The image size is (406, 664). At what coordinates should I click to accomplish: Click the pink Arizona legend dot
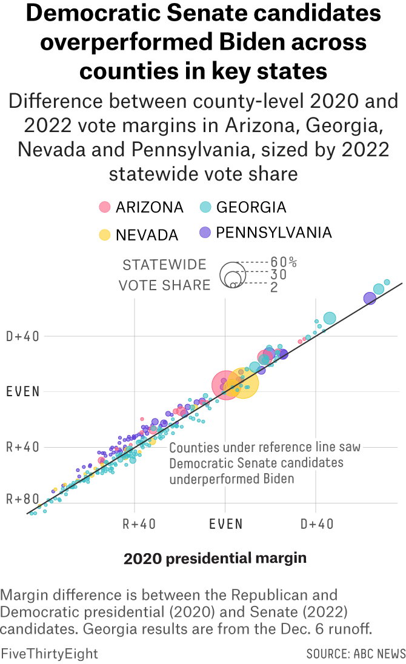coord(105,207)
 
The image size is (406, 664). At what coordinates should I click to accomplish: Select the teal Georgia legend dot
coord(205,207)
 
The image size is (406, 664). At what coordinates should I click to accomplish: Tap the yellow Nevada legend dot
coord(105,235)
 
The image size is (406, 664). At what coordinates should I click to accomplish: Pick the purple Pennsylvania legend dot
coord(205,233)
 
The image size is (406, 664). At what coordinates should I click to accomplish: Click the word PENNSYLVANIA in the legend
coord(274,233)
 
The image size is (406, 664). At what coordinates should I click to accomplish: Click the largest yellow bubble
coord(243,383)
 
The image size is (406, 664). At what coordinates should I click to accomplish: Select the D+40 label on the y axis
coord(23,336)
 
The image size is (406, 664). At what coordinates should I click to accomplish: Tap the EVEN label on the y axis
coord(23,391)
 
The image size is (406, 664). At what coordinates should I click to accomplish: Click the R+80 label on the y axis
coord(23,500)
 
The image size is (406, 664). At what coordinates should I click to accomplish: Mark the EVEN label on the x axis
coord(225,524)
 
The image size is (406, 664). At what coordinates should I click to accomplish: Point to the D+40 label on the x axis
coord(316,524)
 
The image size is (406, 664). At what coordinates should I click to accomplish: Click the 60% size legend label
coord(284,262)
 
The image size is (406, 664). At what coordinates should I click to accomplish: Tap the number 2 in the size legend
coord(274,287)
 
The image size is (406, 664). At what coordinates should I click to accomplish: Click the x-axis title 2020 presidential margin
coord(215,558)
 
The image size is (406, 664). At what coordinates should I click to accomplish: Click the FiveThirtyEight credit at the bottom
coord(49,654)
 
